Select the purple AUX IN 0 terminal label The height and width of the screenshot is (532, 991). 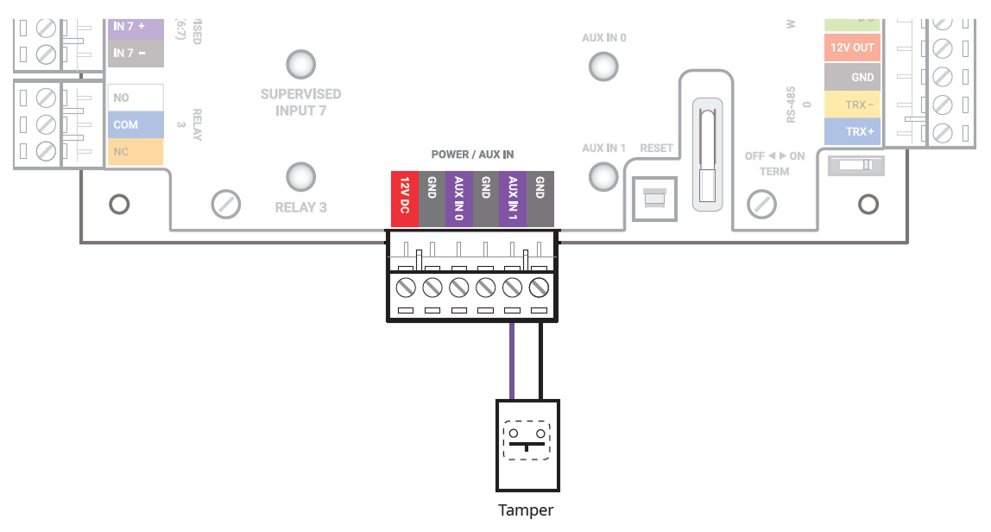coord(458,199)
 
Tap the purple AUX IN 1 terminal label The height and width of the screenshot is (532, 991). coord(513,199)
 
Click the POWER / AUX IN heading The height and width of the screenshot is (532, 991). coord(472,155)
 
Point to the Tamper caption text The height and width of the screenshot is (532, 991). coord(526,510)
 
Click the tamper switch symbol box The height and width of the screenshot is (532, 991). coord(527,443)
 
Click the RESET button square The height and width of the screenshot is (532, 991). coord(654,199)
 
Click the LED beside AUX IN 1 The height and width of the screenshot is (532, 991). coord(603,176)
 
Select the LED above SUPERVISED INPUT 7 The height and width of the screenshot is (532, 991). coord(300,64)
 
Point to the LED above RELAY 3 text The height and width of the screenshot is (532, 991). coord(300,176)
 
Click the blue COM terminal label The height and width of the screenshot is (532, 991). coord(134,124)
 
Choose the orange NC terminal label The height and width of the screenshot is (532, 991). coord(134,152)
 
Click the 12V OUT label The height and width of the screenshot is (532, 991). coord(852,47)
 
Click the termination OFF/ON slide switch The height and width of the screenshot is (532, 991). coord(855,165)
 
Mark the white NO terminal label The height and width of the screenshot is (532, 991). coord(134,98)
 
